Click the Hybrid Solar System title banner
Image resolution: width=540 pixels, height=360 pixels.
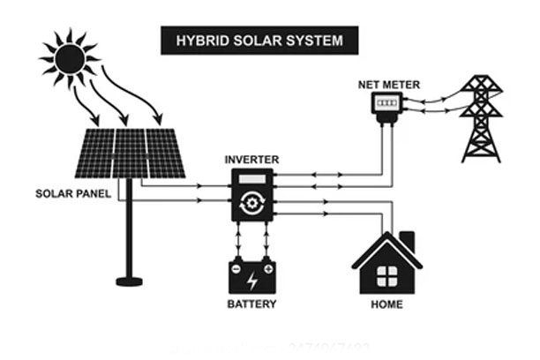coord(259,40)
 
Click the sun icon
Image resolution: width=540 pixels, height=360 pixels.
coord(69,59)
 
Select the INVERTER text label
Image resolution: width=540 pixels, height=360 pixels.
coord(251,160)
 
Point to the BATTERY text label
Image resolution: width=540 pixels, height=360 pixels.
coord(251,304)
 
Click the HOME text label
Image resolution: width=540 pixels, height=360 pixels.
coord(386,304)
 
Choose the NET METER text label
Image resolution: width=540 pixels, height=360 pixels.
coord(388,85)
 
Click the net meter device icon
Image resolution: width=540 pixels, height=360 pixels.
coord(386,106)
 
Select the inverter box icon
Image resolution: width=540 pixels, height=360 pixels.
coord(252,195)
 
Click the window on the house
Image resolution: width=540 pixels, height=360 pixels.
coord(386,275)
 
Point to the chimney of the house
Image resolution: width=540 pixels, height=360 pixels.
coord(407,240)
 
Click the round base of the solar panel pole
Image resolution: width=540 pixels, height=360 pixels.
coord(129,281)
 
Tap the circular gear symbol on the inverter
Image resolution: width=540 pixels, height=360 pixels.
coord(252,205)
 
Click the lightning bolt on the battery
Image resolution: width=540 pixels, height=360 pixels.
coord(252,281)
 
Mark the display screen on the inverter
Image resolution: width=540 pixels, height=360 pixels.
coord(252,181)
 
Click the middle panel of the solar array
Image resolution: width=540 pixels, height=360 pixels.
coord(130,154)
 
